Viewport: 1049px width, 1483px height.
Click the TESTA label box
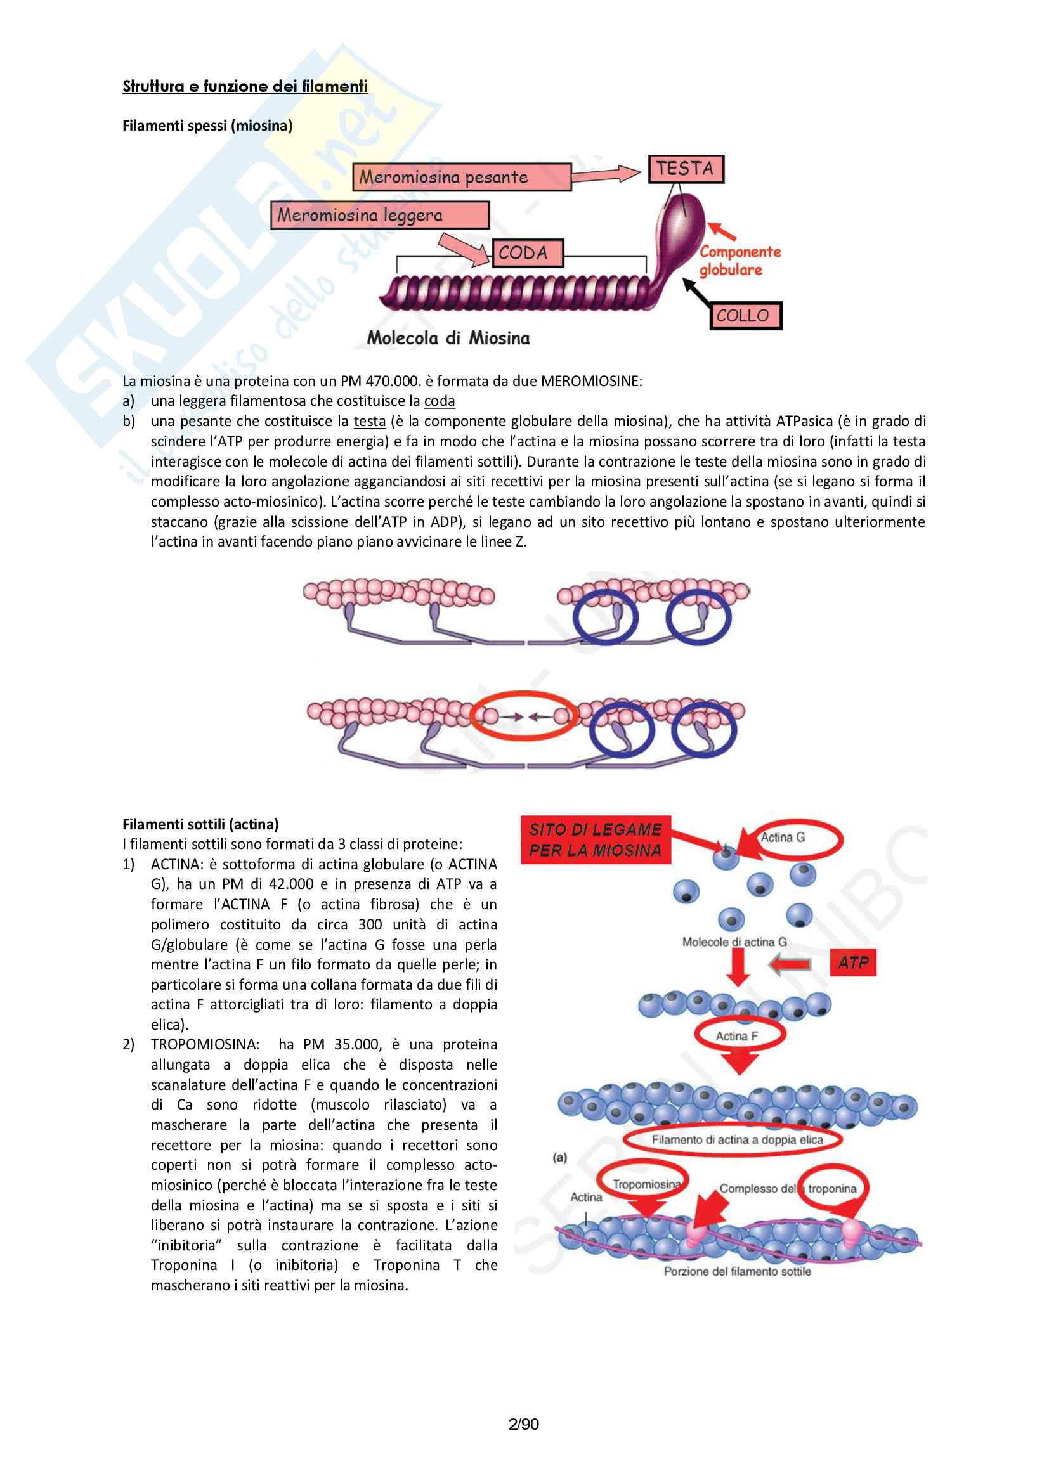point(686,169)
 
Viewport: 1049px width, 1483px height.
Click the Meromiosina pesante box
point(461,177)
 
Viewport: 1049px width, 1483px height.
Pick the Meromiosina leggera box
point(379,215)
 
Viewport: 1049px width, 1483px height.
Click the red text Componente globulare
point(740,261)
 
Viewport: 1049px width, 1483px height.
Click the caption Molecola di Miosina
point(448,338)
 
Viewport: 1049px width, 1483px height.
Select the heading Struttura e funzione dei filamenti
point(245,87)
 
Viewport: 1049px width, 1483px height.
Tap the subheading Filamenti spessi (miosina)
point(207,126)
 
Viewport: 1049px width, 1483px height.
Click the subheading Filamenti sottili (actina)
point(200,824)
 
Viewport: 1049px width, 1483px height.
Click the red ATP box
point(852,963)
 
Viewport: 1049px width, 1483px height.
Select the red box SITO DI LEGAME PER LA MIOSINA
point(595,839)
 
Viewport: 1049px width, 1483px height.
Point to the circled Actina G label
point(783,838)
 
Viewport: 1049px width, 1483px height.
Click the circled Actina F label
point(736,1036)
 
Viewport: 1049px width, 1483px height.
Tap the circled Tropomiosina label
point(646,1184)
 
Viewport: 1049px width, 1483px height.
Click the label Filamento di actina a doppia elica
point(736,1140)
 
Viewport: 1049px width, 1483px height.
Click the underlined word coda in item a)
point(440,401)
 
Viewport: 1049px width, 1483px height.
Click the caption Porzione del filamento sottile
point(737,1271)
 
